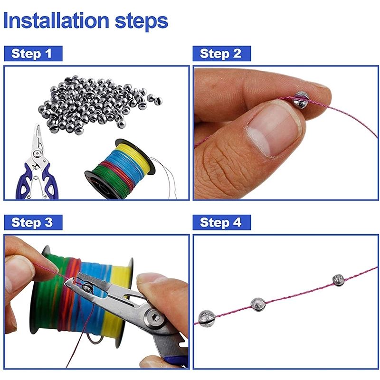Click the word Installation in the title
pos(56,20)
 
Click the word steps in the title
pos(142,22)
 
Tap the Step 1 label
pos(33,54)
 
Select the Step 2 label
pos(222,54)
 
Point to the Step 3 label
pos(33,222)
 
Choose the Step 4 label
pos(222,222)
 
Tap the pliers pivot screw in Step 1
pos(37,153)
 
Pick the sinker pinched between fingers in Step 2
pos(301,99)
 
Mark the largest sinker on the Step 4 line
pos(207,318)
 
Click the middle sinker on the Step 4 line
pos(258,304)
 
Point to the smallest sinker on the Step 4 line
pos(338,280)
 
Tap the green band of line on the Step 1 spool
pos(110,178)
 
